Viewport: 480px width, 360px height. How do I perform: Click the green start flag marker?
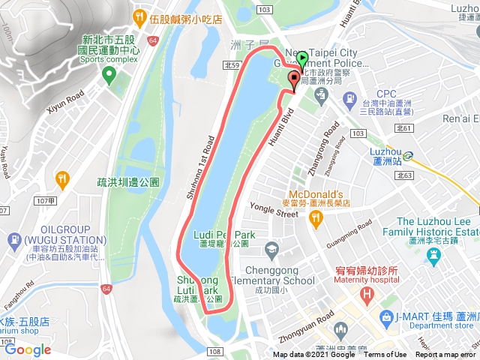301,58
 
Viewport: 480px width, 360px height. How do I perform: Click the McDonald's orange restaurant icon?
316,217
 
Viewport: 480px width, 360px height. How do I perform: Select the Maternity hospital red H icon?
367,292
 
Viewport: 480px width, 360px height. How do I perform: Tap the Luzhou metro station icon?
408,156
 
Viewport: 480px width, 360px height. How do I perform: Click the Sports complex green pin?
109,73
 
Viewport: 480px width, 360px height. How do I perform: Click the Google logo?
28,349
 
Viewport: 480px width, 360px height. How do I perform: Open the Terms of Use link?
385,355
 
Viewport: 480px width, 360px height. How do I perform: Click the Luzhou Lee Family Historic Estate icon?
433,256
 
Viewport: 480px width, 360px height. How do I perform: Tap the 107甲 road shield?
45,201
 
